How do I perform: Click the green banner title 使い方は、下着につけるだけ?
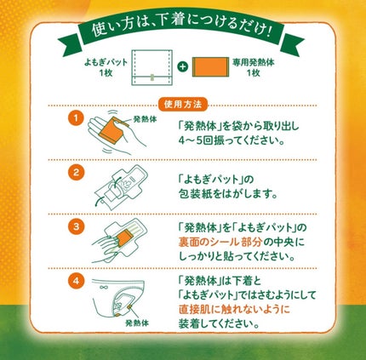(x=183, y=35)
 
